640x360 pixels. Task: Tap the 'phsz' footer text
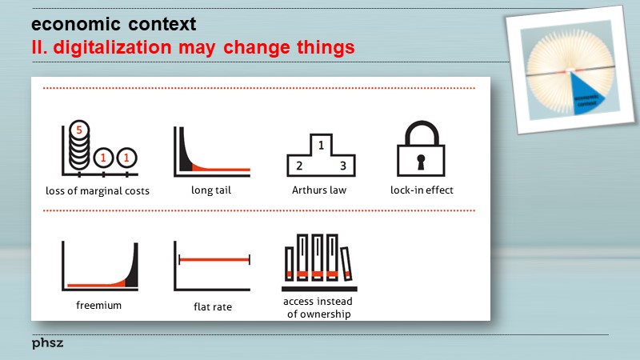point(47,343)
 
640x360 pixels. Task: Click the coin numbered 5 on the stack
point(78,129)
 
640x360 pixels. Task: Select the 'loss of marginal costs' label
point(98,191)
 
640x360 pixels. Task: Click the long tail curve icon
point(211,151)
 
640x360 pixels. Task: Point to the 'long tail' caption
point(211,190)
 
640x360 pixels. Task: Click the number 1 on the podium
point(321,146)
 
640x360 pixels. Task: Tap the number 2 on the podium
point(298,166)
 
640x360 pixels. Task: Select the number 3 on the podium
point(342,166)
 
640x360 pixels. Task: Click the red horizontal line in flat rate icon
point(214,259)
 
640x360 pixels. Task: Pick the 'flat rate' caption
point(213,306)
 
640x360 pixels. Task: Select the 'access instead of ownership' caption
point(318,308)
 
